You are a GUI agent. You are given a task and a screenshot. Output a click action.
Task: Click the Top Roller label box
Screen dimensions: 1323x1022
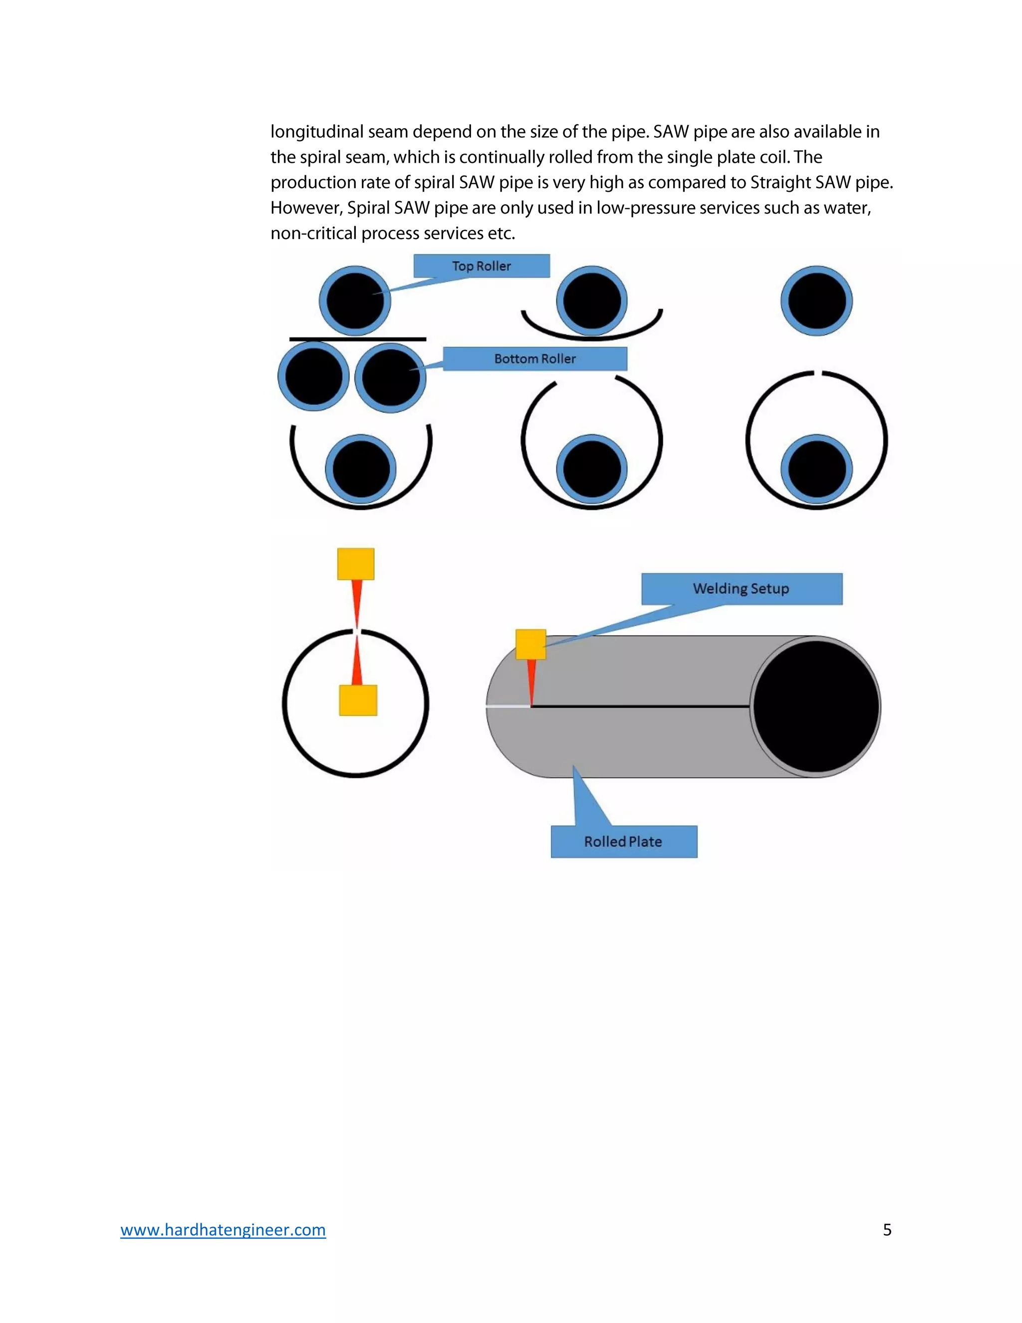(x=482, y=266)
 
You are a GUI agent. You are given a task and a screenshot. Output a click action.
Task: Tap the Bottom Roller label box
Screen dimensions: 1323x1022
(x=534, y=358)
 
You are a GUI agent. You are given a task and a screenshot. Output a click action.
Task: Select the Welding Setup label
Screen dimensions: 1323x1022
(x=741, y=589)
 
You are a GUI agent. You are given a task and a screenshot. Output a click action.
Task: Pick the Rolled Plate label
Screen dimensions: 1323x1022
(x=624, y=841)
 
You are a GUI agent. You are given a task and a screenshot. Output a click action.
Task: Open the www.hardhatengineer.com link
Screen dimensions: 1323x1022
(x=223, y=1230)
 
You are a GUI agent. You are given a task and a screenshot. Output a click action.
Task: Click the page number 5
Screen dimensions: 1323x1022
(x=887, y=1230)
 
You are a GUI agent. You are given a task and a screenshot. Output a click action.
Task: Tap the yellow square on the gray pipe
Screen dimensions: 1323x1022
(x=530, y=644)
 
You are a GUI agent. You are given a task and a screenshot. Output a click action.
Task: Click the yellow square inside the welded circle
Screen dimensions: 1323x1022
(x=358, y=700)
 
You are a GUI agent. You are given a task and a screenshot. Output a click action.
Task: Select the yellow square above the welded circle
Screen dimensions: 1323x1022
(x=355, y=564)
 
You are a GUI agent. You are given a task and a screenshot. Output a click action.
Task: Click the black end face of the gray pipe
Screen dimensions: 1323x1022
(x=816, y=706)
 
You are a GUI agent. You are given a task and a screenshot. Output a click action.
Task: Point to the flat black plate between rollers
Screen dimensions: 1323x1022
(x=357, y=339)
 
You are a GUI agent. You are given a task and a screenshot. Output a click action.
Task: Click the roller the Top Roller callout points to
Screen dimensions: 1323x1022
(x=355, y=301)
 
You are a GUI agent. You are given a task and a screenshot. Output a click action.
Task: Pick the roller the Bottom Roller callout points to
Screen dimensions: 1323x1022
(x=390, y=377)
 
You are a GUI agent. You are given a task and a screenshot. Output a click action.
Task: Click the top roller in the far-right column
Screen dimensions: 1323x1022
(x=816, y=301)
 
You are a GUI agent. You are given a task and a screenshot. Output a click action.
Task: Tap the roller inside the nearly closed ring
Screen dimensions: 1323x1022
(x=816, y=469)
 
